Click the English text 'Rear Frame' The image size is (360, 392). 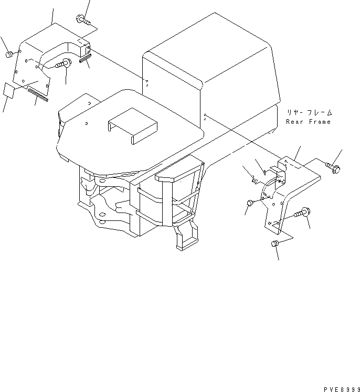309,122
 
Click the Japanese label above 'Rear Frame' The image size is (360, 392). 310,113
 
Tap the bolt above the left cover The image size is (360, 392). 83,20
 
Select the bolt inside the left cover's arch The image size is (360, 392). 64,65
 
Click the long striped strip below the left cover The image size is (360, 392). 38,93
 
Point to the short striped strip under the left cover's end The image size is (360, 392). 86,60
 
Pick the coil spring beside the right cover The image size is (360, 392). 254,181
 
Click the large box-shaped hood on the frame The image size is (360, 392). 210,63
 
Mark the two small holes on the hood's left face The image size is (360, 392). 147,81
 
